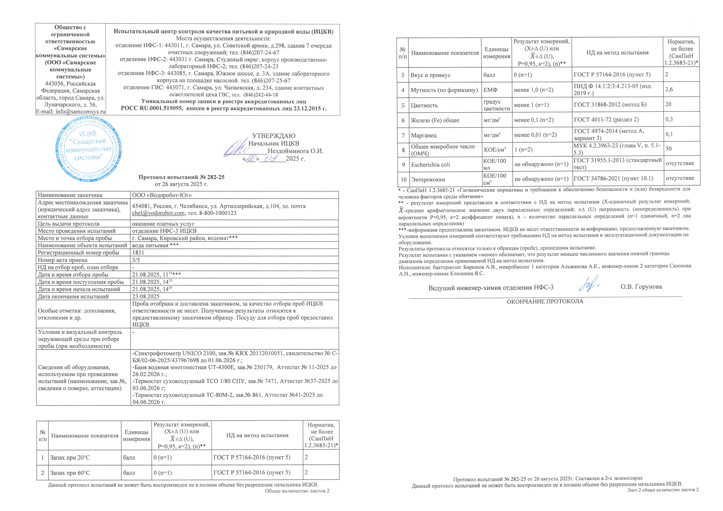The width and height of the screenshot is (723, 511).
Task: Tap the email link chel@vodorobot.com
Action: pyautogui.click(x=158, y=213)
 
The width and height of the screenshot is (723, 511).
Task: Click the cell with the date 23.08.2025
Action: pyautogui.click(x=145, y=296)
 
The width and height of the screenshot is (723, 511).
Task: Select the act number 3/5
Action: pyautogui.click(x=136, y=260)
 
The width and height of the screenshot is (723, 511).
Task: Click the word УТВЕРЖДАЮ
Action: pyautogui.click(x=274, y=136)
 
